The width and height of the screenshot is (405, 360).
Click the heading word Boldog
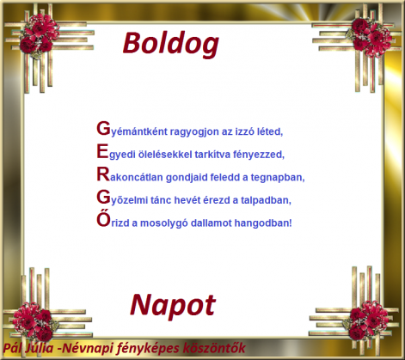(170, 43)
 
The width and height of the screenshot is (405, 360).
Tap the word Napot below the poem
(173, 303)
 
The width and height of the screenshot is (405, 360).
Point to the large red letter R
(103, 175)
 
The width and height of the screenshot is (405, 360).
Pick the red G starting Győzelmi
(103, 198)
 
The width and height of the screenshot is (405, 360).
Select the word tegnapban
(279, 178)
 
